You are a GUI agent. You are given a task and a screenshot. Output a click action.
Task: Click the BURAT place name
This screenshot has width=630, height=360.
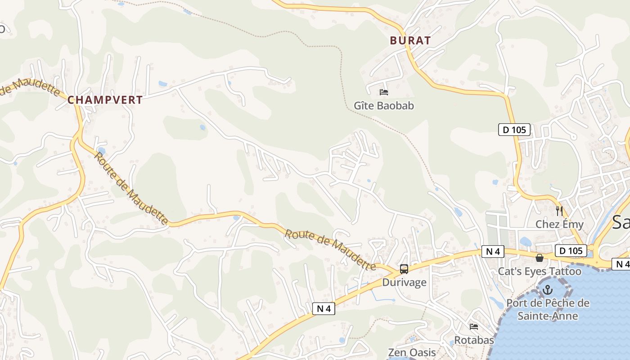tap(410, 40)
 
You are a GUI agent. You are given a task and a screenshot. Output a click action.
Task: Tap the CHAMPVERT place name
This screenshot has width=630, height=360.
tap(105, 100)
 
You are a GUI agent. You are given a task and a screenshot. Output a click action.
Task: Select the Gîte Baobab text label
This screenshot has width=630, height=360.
tap(383, 106)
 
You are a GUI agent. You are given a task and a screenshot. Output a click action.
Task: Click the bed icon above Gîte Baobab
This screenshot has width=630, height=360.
tap(383, 92)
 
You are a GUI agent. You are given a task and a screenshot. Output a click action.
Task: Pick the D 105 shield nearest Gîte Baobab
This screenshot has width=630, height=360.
tap(514, 130)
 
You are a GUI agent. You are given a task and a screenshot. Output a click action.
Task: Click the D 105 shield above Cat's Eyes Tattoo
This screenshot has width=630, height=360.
tap(571, 251)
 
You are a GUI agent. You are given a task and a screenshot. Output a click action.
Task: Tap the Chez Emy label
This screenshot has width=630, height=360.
tap(559, 224)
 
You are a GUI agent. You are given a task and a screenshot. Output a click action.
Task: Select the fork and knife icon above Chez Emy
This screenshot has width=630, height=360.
tap(559, 211)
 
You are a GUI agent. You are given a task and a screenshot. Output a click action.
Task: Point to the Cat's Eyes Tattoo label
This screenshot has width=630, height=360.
tap(539, 271)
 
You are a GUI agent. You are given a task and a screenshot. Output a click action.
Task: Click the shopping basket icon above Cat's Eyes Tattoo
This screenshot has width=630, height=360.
tap(539, 258)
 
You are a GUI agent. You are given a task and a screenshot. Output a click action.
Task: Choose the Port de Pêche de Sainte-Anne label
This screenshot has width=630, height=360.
tap(548, 309)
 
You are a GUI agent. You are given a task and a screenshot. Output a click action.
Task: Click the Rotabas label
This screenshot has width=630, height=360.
tap(474, 340)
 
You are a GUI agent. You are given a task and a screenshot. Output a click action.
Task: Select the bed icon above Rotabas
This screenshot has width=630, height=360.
tap(473, 327)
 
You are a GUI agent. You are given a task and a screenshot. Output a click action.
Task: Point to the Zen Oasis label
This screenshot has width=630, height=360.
tap(412, 352)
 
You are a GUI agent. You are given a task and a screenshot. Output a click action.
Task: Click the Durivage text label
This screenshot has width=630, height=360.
tap(404, 283)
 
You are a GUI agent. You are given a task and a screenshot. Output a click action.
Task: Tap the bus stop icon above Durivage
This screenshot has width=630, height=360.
tap(404, 269)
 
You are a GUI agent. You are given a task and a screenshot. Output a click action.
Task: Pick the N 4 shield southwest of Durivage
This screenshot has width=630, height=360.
tap(324, 309)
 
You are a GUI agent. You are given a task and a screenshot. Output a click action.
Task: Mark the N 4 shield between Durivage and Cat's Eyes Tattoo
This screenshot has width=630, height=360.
tap(493, 252)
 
